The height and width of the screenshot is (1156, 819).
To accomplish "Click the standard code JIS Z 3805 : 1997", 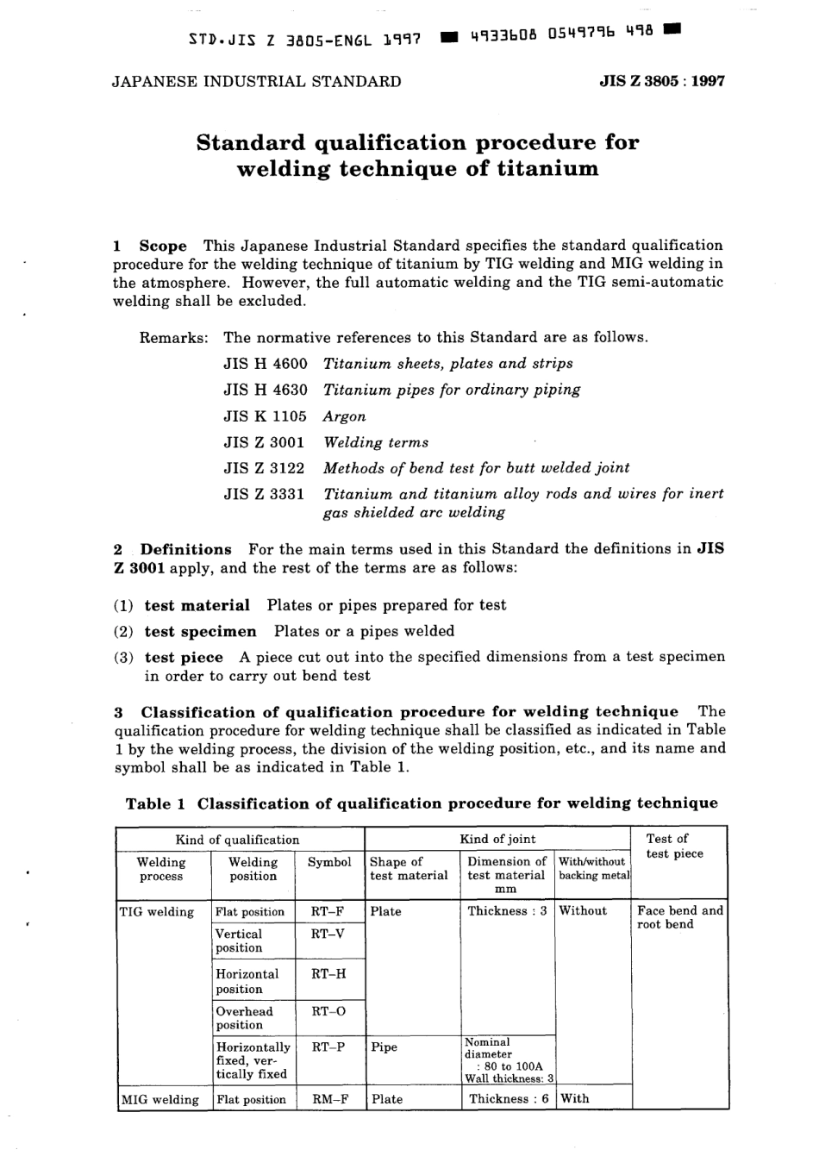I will click(x=661, y=82).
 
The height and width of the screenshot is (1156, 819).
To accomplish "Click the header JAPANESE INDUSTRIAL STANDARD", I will click(x=257, y=82).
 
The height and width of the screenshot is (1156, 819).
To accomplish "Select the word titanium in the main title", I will click(x=547, y=168).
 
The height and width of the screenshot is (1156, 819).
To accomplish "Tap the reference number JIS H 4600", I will click(x=265, y=364).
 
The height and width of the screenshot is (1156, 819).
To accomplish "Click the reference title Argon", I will click(x=345, y=416).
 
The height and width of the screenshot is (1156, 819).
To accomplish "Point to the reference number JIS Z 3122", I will click(x=265, y=468).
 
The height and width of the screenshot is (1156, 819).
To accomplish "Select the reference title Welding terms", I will click(x=376, y=442).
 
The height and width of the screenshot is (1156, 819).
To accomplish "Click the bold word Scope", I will click(x=163, y=246).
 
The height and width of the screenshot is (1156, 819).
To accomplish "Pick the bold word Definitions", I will click(x=186, y=549).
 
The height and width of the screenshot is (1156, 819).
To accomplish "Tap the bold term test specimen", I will click(x=200, y=631).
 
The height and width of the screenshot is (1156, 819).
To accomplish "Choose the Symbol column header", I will click(x=329, y=862).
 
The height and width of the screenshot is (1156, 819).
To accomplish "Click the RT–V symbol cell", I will click(x=328, y=934).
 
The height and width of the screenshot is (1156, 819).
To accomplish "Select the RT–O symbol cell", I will click(x=328, y=1012).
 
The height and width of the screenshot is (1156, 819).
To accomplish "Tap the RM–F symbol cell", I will click(x=328, y=1099).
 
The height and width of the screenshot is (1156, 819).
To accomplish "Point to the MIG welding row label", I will click(x=159, y=1099).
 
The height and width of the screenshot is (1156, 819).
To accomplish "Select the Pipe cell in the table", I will click(x=384, y=1047).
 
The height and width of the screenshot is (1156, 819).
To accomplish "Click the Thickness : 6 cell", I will click(x=509, y=1099).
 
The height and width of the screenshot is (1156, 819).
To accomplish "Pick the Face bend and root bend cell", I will click(x=679, y=917).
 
